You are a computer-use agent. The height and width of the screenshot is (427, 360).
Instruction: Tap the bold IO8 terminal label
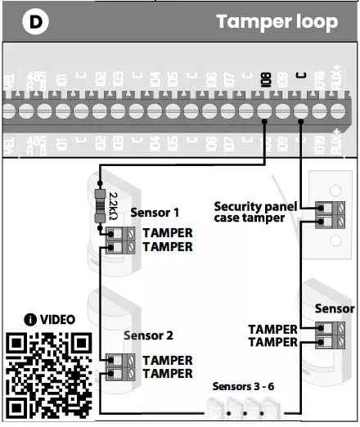(x=263, y=79)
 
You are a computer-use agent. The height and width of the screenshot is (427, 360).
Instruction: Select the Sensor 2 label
(x=148, y=335)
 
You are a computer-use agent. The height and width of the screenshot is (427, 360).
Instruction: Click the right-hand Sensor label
(x=335, y=308)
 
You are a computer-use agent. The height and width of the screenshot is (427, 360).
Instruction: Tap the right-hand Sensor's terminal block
(x=328, y=335)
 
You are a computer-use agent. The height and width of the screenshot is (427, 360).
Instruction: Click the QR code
(x=47, y=375)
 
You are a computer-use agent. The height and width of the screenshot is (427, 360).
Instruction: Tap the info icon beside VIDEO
(x=29, y=319)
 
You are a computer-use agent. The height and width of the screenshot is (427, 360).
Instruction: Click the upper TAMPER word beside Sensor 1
(x=168, y=233)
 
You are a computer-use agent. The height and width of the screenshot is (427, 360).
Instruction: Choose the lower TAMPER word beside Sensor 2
(x=168, y=374)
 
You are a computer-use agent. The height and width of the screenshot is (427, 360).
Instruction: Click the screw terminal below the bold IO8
(x=263, y=109)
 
